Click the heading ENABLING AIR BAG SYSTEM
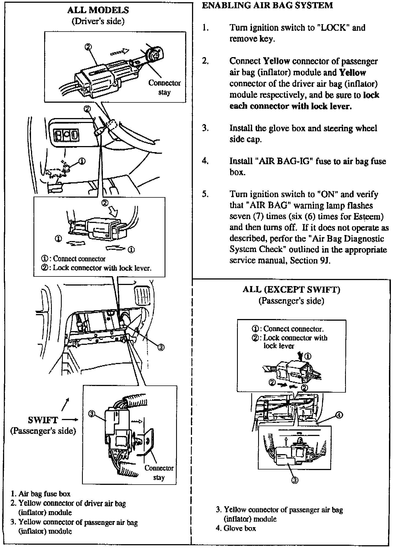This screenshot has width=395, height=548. (x=267, y=5)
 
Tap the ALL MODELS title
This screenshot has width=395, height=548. (x=98, y=10)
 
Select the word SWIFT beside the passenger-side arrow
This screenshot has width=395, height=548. (x=43, y=420)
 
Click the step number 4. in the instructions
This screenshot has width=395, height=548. (x=205, y=161)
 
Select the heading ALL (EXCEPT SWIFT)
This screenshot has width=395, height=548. (x=291, y=290)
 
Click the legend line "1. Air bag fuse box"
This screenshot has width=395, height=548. (x=40, y=494)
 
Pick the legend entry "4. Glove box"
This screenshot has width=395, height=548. (x=236, y=528)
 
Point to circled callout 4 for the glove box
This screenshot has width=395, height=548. (x=339, y=415)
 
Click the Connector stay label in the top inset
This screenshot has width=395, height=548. (x=164, y=87)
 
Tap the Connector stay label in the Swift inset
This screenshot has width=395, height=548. (x=159, y=472)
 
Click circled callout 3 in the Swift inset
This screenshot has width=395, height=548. (x=92, y=414)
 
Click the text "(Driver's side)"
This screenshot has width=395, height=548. (x=98, y=21)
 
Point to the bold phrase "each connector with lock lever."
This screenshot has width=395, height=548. (x=290, y=106)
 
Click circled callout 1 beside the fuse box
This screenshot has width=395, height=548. (x=82, y=161)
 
